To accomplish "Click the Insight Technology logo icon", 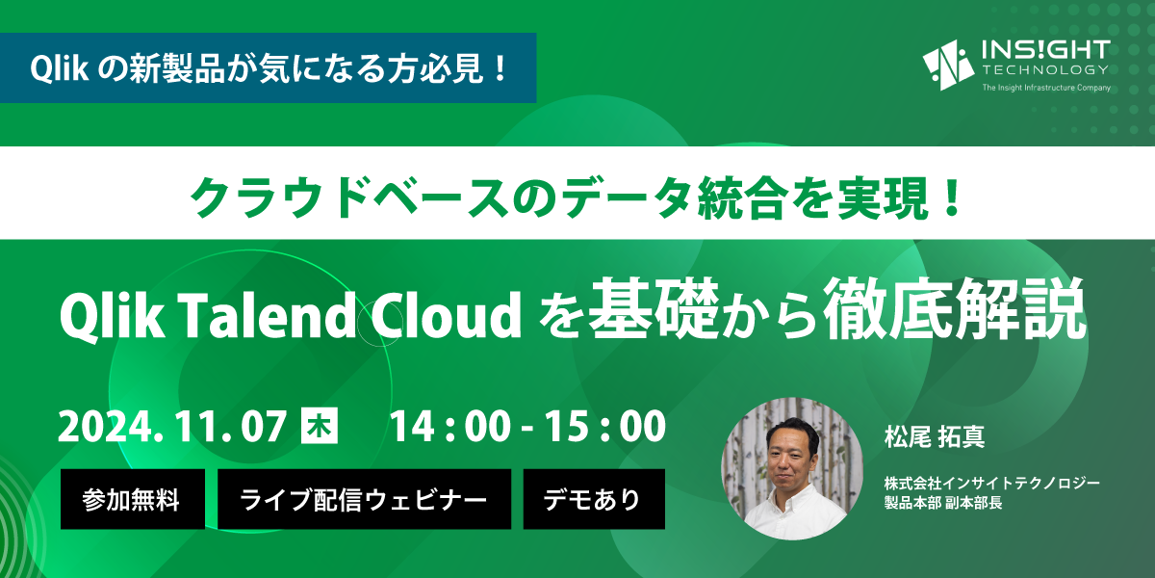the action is click(x=948, y=66).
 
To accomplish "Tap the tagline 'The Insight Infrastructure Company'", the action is click(x=1046, y=88).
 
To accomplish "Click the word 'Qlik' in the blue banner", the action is click(x=60, y=68).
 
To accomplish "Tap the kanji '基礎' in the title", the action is click(x=654, y=308).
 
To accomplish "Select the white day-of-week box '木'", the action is click(x=320, y=425).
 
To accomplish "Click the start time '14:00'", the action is click(x=450, y=426).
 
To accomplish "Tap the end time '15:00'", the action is click(x=605, y=426).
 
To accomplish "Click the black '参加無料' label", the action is click(x=133, y=499).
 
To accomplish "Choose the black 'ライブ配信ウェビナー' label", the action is click(x=364, y=499).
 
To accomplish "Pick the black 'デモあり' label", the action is click(x=594, y=499).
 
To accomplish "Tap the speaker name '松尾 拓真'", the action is click(x=935, y=436).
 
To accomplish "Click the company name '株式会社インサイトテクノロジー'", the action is click(x=992, y=484).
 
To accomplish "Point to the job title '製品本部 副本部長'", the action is click(x=943, y=503).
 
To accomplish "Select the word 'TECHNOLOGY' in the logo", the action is click(x=1045, y=69).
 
